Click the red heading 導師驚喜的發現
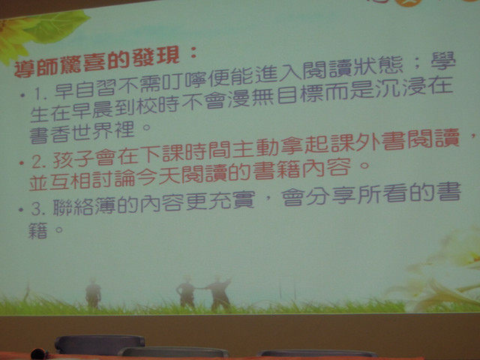pyautogui.click(x=97, y=64)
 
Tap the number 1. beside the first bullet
pyautogui.click(x=40, y=93)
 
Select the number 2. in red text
pyautogui.click(x=39, y=162)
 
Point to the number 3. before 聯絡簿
pyautogui.click(x=38, y=208)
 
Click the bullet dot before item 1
pyautogui.click(x=22, y=95)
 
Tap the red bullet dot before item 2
pyautogui.click(x=22, y=163)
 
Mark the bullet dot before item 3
pyautogui.click(x=21, y=210)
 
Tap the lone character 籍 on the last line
pyautogui.click(x=38, y=230)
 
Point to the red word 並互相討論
pyautogui.click(x=82, y=181)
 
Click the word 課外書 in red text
pyautogui.click(x=372, y=140)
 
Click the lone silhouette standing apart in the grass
pyautogui.click(x=93, y=293)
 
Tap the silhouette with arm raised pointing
pyautogui.click(x=218, y=292)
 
